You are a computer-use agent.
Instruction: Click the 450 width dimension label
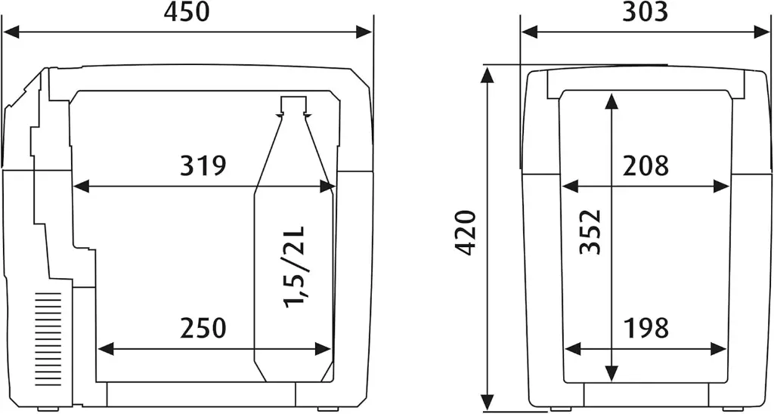[187, 12]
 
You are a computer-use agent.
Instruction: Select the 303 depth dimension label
[646, 12]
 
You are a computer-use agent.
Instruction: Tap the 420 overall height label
[466, 233]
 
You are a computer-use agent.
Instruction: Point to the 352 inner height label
[590, 233]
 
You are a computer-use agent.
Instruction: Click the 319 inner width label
[203, 165]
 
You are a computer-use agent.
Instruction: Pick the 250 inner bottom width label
[203, 328]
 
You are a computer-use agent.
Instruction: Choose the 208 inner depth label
[646, 165]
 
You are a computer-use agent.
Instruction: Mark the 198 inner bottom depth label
[646, 328]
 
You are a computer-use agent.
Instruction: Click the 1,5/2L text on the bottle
[296, 267]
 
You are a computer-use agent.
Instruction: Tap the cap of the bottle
[294, 105]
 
